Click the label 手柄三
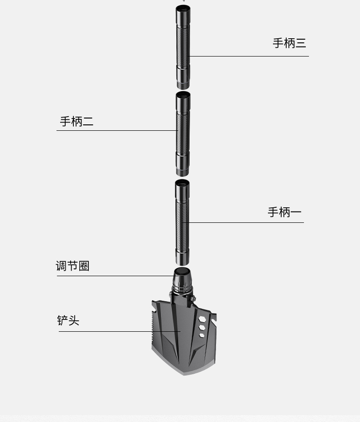(289, 43)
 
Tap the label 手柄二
(77, 122)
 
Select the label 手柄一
(284, 212)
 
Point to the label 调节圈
(72, 266)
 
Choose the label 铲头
(68, 321)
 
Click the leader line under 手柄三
(249, 57)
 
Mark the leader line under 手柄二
(116, 131)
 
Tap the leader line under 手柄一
(246, 223)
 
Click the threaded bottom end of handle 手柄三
(183, 85)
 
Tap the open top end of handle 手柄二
(183, 95)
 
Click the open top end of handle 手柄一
(183, 183)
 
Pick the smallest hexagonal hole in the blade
(202, 335)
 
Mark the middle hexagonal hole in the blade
(202, 327)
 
